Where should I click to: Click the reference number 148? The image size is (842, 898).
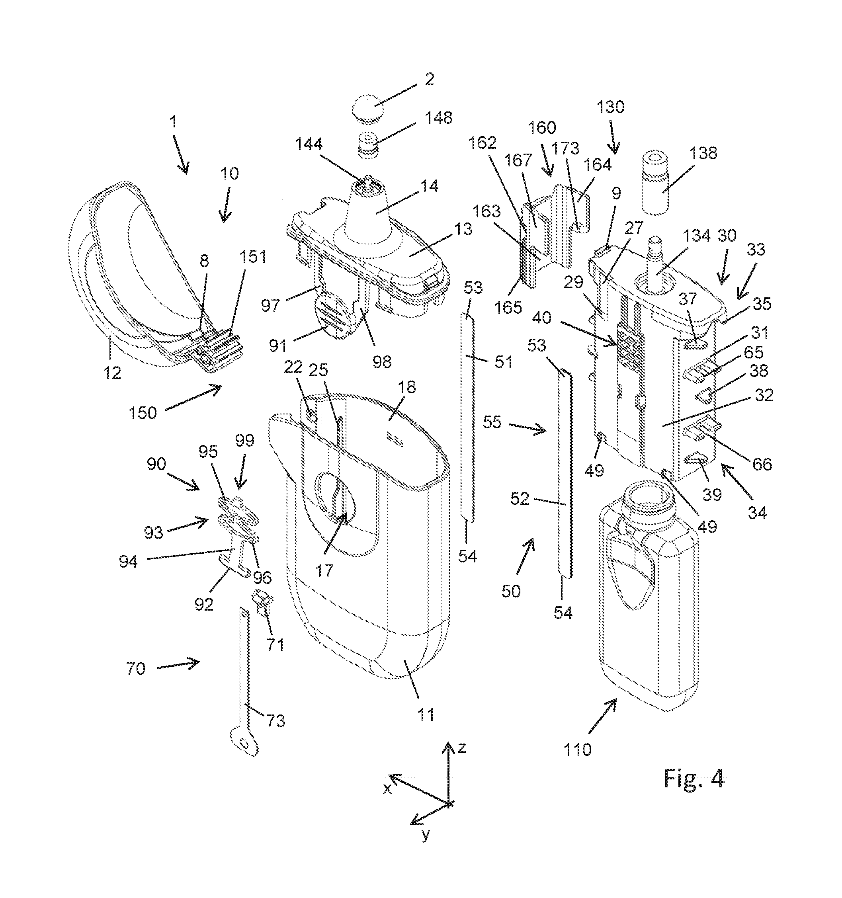pyautogui.click(x=438, y=117)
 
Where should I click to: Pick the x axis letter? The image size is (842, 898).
pyautogui.click(x=387, y=789)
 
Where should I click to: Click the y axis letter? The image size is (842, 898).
pyautogui.click(x=426, y=835)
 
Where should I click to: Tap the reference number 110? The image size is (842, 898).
pyautogui.click(x=577, y=750)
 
